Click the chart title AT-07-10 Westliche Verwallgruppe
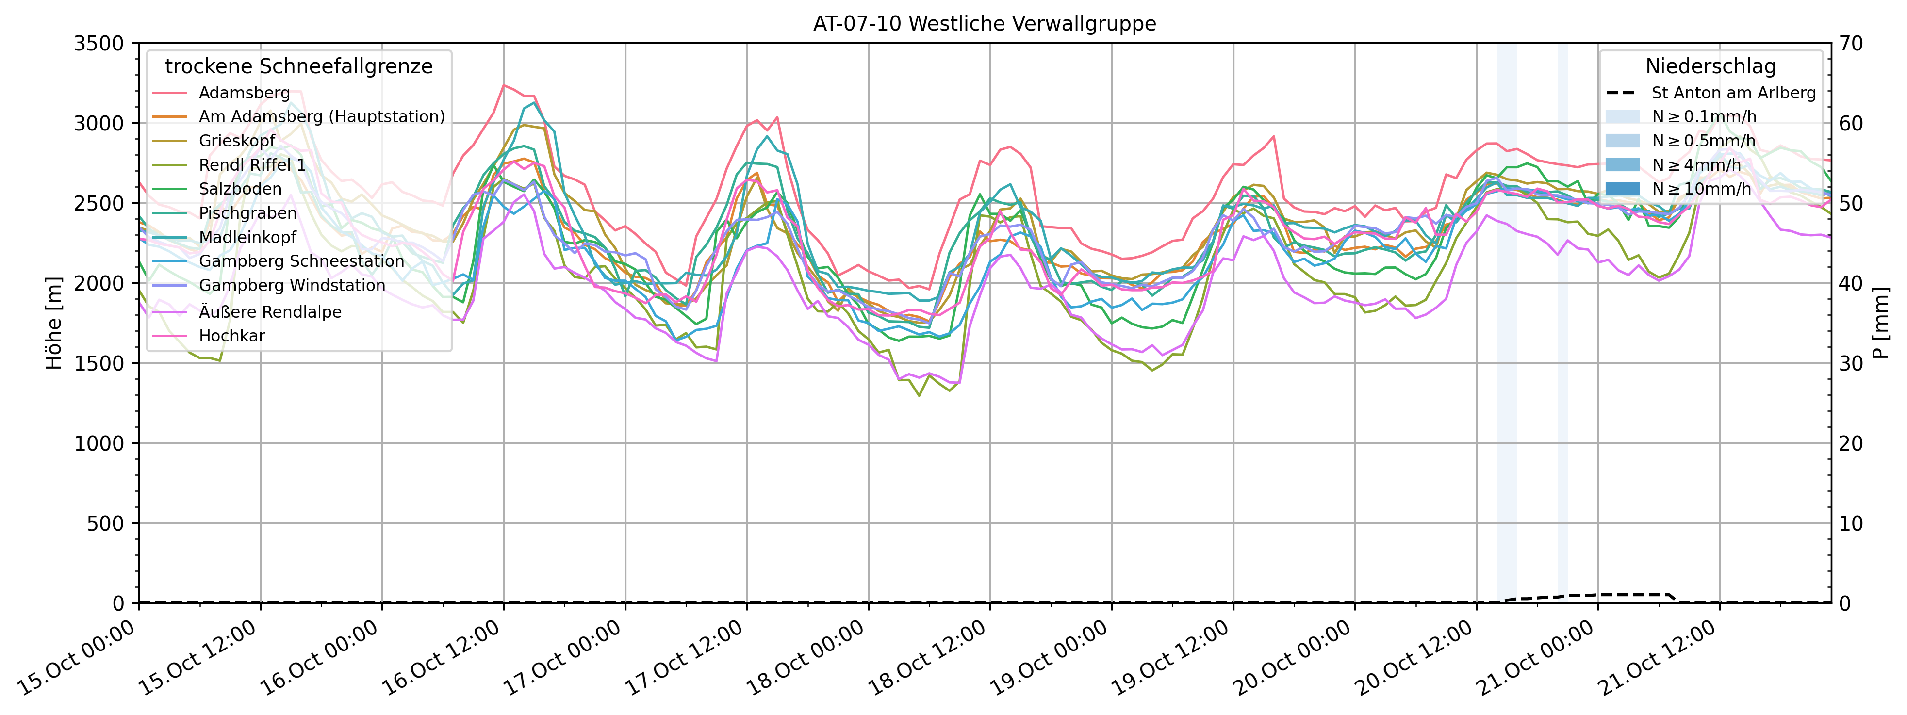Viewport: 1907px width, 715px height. (x=984, y=24)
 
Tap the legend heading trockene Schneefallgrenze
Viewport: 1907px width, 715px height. (x=298, y=66)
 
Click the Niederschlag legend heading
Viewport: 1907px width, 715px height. (x=1710, y=66)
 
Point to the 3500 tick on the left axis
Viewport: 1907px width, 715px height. (x=99, y=43)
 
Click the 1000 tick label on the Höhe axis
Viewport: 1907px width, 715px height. (x=99, y=443)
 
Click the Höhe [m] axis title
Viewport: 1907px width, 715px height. (x=54, y=324)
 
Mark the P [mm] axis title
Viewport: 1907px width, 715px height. (x=1880, y=324)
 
